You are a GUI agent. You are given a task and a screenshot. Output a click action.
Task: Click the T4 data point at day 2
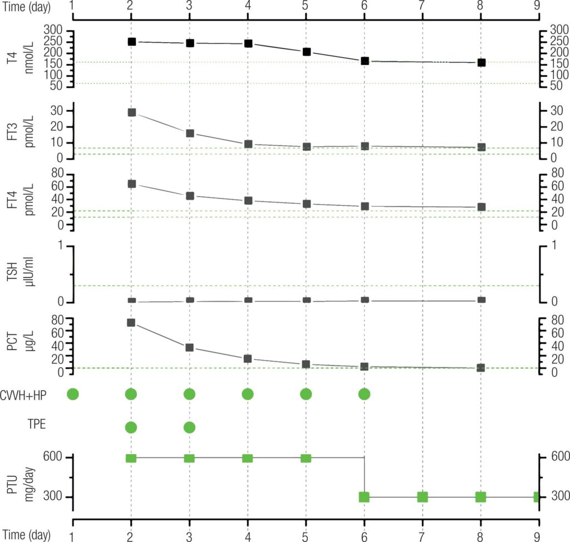click(131, 42)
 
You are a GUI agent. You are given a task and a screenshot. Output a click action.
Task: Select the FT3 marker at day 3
click(190, 134)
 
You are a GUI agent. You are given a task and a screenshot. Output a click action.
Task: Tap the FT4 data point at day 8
click(481, 207)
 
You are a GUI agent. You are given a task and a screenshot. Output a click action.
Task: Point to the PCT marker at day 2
click(131, 323)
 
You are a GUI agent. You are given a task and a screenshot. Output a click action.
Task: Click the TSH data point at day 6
click(365, 300)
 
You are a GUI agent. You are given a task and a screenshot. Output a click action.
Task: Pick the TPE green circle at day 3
click(189, 427)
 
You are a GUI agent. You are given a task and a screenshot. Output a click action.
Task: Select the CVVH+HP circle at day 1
click(73, 394)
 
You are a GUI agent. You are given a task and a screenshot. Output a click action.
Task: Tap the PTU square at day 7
click(422, 497)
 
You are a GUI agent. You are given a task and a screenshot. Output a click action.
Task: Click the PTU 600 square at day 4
click(248, 458)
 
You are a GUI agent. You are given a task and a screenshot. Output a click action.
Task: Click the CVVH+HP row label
click(31, 395)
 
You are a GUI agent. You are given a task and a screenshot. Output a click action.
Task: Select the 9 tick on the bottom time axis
click(537, 534)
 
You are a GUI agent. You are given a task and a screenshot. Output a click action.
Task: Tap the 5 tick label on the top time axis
click(306, 5)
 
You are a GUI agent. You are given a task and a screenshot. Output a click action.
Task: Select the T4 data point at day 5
click(306, 52)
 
